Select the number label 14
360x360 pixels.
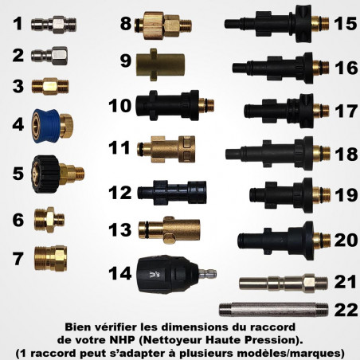[x=120, y=272]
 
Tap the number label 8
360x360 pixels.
[x=125, y=23]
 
